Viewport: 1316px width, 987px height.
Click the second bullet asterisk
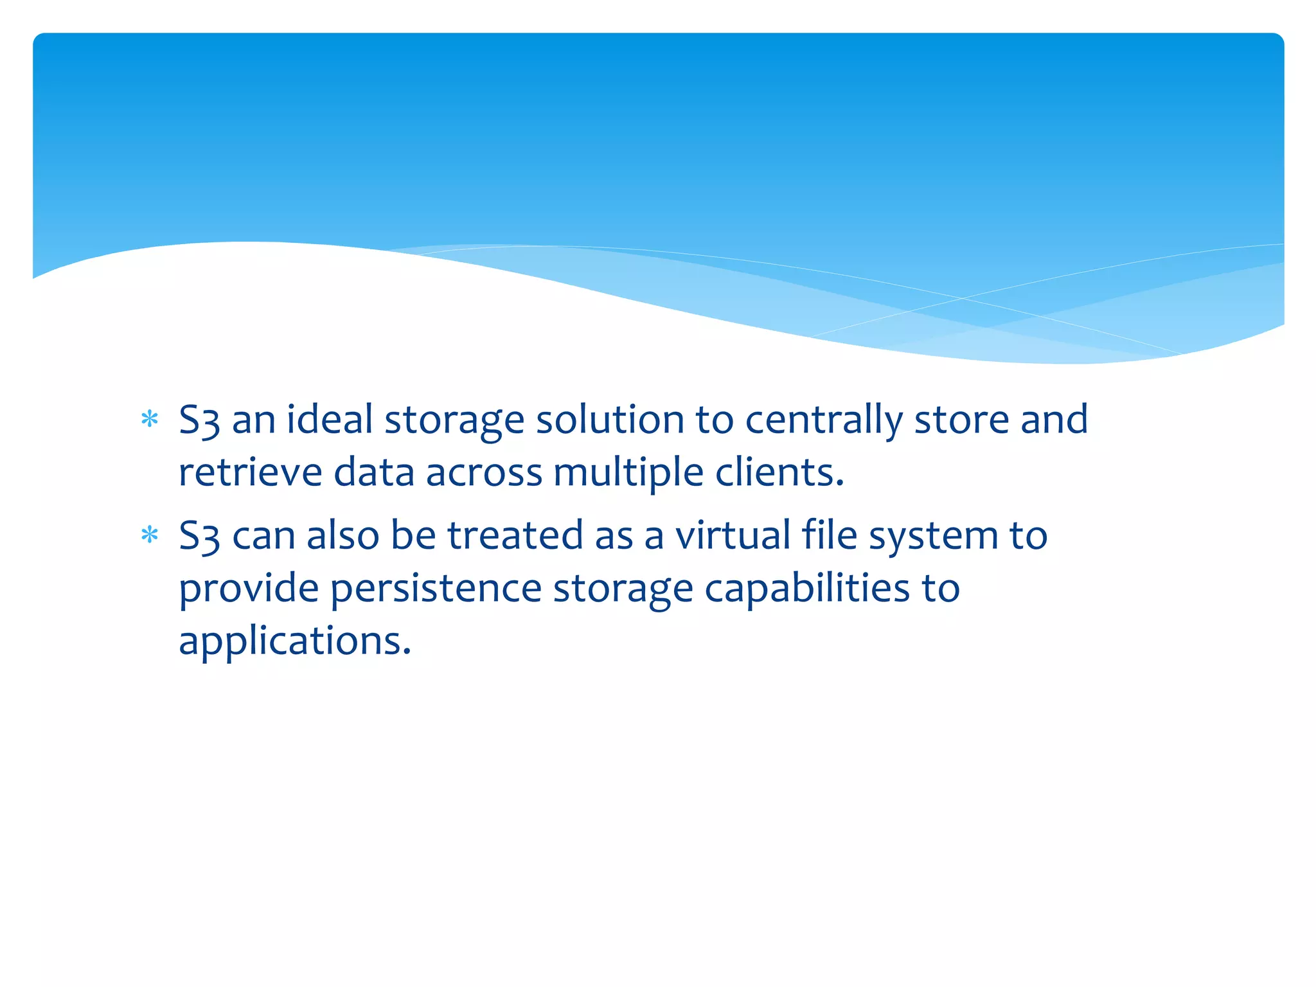pos(150,535)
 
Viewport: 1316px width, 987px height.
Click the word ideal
pos(330,420)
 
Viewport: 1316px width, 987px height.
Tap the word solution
pos(610,420)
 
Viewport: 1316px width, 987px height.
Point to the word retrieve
pos(250,472)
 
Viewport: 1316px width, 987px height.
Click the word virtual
pos(733,535)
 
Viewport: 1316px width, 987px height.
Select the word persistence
pos(436,589)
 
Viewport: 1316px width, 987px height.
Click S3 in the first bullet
pos(199,420)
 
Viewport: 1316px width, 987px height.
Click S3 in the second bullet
pos(199,536)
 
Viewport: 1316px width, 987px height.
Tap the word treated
pos(515,535)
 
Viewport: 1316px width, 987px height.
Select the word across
pos(484,473)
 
